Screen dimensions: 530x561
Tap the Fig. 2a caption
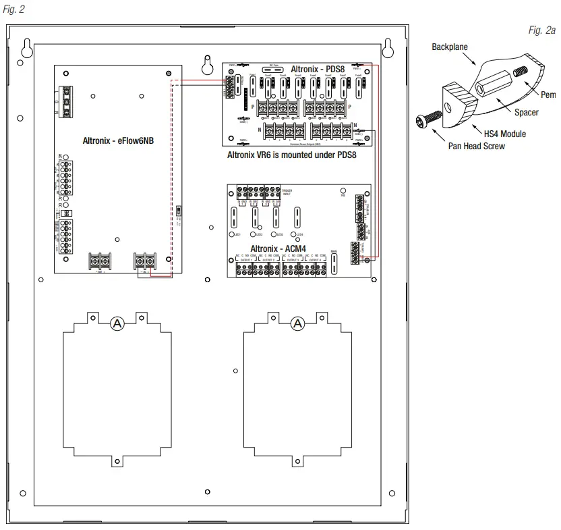click(x=542, y=30)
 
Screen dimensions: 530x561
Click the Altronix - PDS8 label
click(x=317, y=69)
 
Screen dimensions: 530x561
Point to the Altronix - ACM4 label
click(x=278, y=248)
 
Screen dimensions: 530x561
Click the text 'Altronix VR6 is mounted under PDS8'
click(x=291, y=155)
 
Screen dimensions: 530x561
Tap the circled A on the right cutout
click(x=297, y=324)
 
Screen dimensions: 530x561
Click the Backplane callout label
click(x=450, y=47)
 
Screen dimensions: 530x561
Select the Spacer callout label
click(x=526, y=113)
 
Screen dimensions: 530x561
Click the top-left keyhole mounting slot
click(x=28, y=48)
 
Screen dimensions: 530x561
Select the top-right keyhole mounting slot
click(x=388, y=48)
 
